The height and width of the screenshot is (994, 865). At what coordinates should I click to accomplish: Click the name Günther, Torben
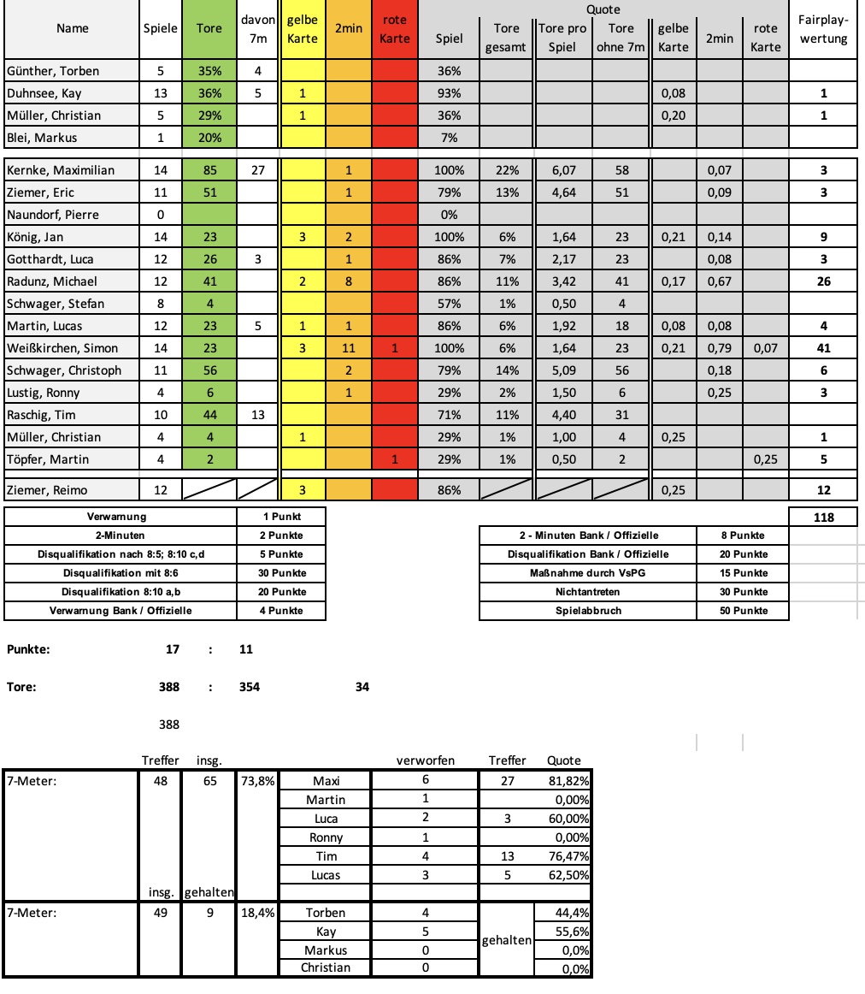coord(52,71)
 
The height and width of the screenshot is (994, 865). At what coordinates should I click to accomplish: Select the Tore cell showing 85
coord(209,170)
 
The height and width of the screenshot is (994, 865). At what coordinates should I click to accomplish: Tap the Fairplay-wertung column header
coord(822,29)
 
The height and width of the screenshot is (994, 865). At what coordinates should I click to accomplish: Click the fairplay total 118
coord(824,517)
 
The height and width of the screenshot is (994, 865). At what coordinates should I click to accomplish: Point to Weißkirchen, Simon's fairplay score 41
coord(824,348)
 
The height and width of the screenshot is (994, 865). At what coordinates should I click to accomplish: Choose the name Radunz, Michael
coord(51,281)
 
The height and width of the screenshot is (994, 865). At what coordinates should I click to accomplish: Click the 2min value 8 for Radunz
coord(348,281)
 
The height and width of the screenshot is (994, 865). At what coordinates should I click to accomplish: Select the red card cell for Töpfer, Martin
coord(394,459)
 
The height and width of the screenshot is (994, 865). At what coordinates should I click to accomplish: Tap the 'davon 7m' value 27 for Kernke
coord(257,170)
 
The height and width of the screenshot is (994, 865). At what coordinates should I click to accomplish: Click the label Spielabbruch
coord(587,611)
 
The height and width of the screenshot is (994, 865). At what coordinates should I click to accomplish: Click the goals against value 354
coord(250,687)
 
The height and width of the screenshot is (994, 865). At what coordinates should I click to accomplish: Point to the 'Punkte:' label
coord(28,649)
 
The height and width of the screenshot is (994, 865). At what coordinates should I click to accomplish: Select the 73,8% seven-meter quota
coord(256,781)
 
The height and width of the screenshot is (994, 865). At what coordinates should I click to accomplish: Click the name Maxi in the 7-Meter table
coord(326,781)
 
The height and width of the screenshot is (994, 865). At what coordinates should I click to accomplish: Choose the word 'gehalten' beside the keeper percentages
coord(507,939)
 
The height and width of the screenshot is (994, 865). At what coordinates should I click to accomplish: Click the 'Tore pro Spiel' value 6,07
coord(563,170)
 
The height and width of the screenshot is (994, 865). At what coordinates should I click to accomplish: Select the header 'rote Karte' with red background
coord(394,29)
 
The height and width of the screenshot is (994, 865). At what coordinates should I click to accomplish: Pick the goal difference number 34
coord(362,687)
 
